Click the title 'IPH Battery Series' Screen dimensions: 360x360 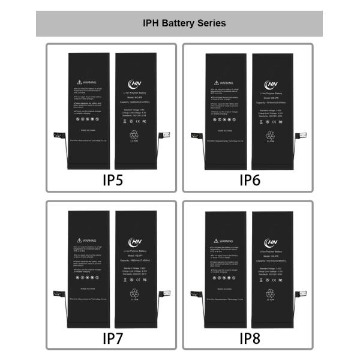184,23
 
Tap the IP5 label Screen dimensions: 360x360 113,179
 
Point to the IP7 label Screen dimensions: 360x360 113,338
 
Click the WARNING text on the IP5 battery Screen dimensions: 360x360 89,81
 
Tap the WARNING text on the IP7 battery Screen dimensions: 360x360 89,239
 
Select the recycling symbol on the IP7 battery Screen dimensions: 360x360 134,293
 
